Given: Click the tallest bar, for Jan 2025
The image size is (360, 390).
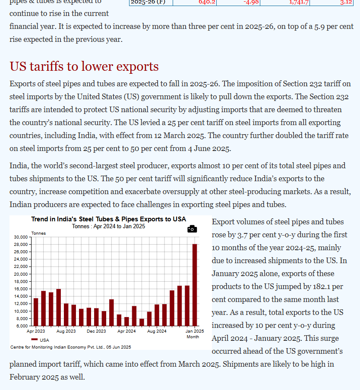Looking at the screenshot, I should [x=195, y=285].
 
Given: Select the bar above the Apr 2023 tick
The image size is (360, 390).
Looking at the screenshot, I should [x=36, y=311].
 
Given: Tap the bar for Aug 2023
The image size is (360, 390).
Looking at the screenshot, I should [x=66, y=314].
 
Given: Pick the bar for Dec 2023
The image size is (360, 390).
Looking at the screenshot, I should [x=96, y=317].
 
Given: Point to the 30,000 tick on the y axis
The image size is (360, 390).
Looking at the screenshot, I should [x=21, y=237].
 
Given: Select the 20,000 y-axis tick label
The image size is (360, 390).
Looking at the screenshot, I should [x=21, y=274].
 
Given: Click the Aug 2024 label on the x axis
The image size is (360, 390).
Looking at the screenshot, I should [x=157, y=331].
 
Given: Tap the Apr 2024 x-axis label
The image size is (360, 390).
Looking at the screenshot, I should [x=126, y=331].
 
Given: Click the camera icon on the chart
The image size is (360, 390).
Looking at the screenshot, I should [x=192, y=229].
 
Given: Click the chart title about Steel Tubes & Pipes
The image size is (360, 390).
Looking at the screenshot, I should [x=109, y=219].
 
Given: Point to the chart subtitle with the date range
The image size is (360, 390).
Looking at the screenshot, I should [x=108, y=226].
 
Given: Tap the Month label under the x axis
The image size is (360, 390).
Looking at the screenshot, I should [x=193, y=337].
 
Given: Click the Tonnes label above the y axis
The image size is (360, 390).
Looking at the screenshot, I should [x=38, y=233].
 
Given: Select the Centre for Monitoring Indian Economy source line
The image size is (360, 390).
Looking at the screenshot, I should [x=71, y=347].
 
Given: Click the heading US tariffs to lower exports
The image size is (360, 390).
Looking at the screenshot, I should [x=84, y=66].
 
